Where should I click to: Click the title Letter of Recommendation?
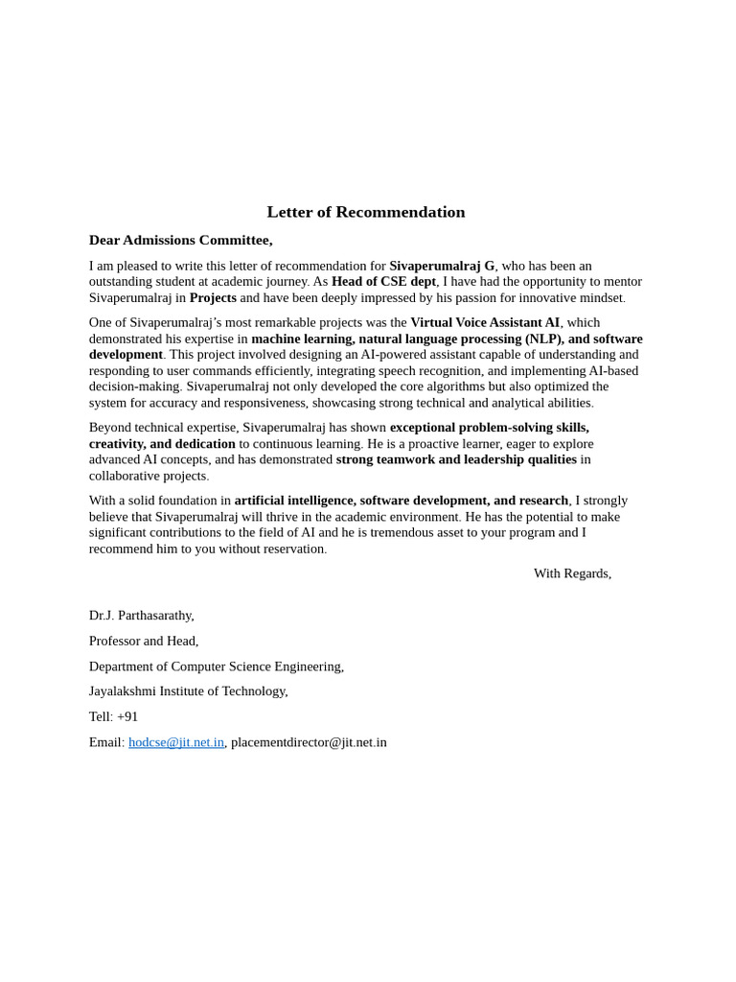click(366, 212)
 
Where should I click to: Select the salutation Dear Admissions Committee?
click(180, 240)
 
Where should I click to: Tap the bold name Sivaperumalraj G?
click(442, 266)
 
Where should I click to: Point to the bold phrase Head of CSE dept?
click(383, 281)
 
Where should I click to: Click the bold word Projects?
click(213, 297)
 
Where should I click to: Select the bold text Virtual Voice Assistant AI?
click(485, 322)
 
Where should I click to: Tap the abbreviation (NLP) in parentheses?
click(543, 339)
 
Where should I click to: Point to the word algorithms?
click(455, 386)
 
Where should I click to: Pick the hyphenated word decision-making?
click(134, 386)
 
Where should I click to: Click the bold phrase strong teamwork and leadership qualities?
click(456, 459)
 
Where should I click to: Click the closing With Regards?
click(572, 573)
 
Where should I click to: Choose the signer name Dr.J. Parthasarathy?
click(142, 616)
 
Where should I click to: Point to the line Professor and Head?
click(144, 641)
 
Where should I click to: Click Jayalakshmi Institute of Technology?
click(188, 690)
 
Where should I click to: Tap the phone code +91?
click(127, 716)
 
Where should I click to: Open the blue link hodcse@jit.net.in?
click(176, 742)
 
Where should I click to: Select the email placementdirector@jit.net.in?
click(309, 742)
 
